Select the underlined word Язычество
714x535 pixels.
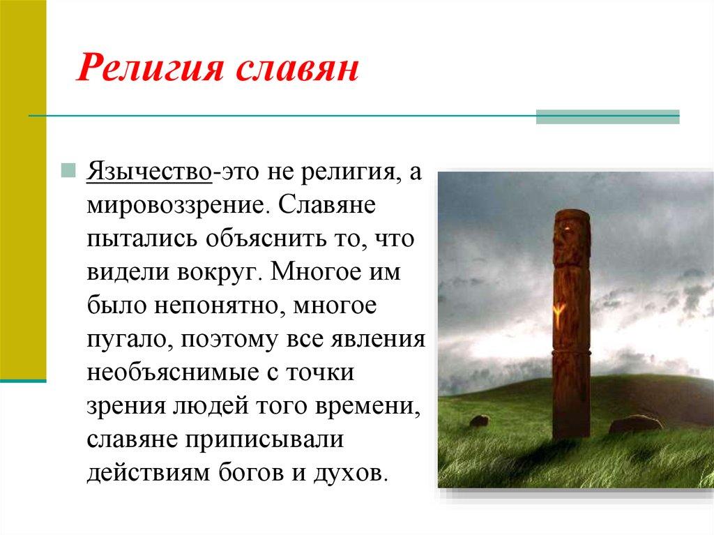pos(149,174)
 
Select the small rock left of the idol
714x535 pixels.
pos(479,421)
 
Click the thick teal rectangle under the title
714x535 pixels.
pos(607,118)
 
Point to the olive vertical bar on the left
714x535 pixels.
pos(23,188)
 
